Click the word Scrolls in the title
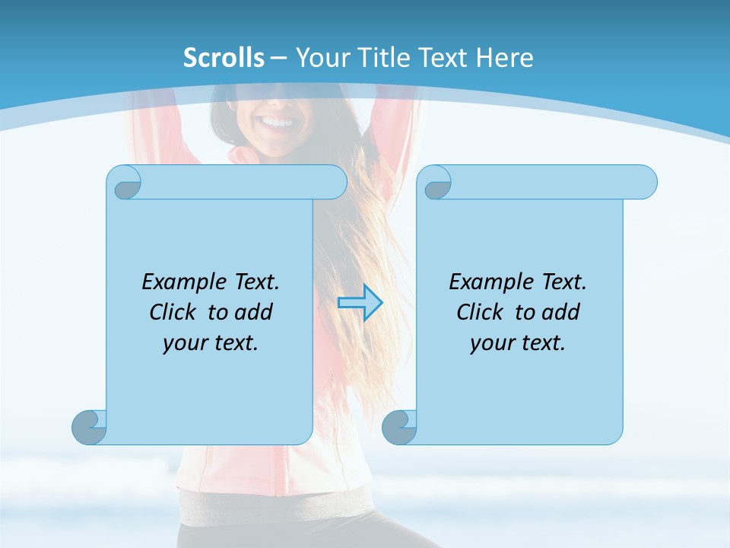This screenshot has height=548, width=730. click(x=224, y=58)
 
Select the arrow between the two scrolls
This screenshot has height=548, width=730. click(x=360, y=303)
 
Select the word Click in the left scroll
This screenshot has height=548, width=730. click(x=174, y=312)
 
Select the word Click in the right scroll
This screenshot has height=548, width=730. click(x=480, y=312)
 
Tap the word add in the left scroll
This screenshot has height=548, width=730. click(x=253, y=312)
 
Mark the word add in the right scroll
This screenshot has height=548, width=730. click(x=560, y=312)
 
